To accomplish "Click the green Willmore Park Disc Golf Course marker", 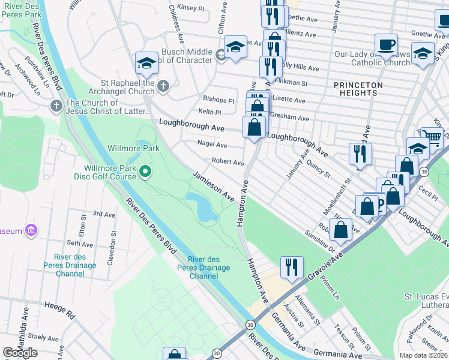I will [x=145, y=173].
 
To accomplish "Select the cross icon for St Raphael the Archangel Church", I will [x=163, y=88].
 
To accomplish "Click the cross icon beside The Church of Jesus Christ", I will [x=56, y=107].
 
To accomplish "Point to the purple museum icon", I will [x=31, y=230].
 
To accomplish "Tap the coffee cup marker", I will [x=386, y=44].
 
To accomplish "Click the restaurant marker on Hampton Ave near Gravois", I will [x=292, y=268].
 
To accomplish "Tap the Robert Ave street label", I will [x=228, y=163].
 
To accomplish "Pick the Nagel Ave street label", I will [x=212, y=145].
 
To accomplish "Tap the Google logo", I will [x=20, y=353].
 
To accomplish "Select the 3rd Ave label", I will [x=104, y=214].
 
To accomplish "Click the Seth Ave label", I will [x=80, y=244].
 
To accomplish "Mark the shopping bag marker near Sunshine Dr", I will [x=340, y=230].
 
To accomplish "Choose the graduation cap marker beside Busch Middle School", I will [x=236, y=46].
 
